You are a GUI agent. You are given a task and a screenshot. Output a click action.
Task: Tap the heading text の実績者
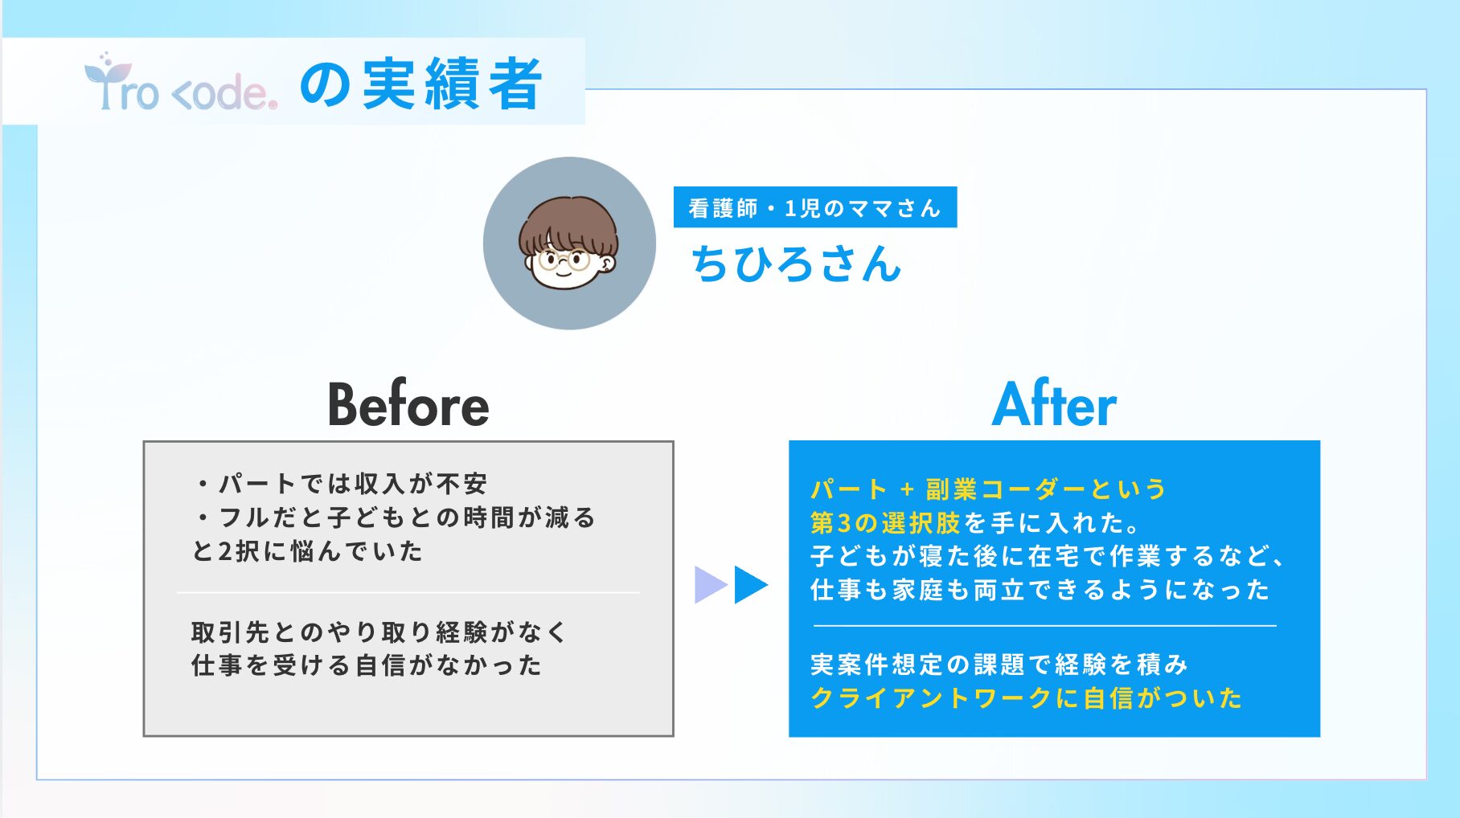(x=421, y=84)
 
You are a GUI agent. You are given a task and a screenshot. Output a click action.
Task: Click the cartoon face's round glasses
(x=564, y=260)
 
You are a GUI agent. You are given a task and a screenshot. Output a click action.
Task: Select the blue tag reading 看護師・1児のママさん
(x=815, y=207)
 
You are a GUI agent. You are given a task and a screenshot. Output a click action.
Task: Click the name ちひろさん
(x=796, y=264)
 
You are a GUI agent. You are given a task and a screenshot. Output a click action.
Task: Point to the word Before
(x=408, y=403)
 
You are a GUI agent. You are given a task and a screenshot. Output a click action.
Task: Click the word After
(x=1054, y=403)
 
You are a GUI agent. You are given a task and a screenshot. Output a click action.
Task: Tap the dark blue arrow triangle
(x=751, y=585)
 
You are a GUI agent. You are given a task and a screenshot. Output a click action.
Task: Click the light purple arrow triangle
(x=711, y=585)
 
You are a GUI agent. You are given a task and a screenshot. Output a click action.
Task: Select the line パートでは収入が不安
(x=341, y=484)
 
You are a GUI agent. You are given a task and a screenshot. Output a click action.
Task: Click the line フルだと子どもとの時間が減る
(x=395, y=517)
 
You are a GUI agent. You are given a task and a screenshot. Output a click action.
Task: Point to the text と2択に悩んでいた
(x=307, y=551)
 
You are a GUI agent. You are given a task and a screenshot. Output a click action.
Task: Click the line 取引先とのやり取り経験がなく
(x=379, y=632)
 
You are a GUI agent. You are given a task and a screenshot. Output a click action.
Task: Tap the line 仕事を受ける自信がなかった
(x=367, y=665)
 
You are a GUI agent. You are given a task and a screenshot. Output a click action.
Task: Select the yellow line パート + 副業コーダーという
(x=988, y=489)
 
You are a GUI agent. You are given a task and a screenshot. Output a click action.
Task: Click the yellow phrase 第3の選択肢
(x=885, y=523)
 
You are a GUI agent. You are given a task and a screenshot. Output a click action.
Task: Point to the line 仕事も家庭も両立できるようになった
(x=1040, y=590)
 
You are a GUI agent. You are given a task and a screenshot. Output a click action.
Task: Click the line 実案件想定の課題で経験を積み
(x=999, y=665)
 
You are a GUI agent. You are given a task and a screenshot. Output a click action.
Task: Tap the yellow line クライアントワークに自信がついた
(x=1027, y=698)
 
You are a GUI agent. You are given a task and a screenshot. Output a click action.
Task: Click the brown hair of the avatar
(x=568, y=220)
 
